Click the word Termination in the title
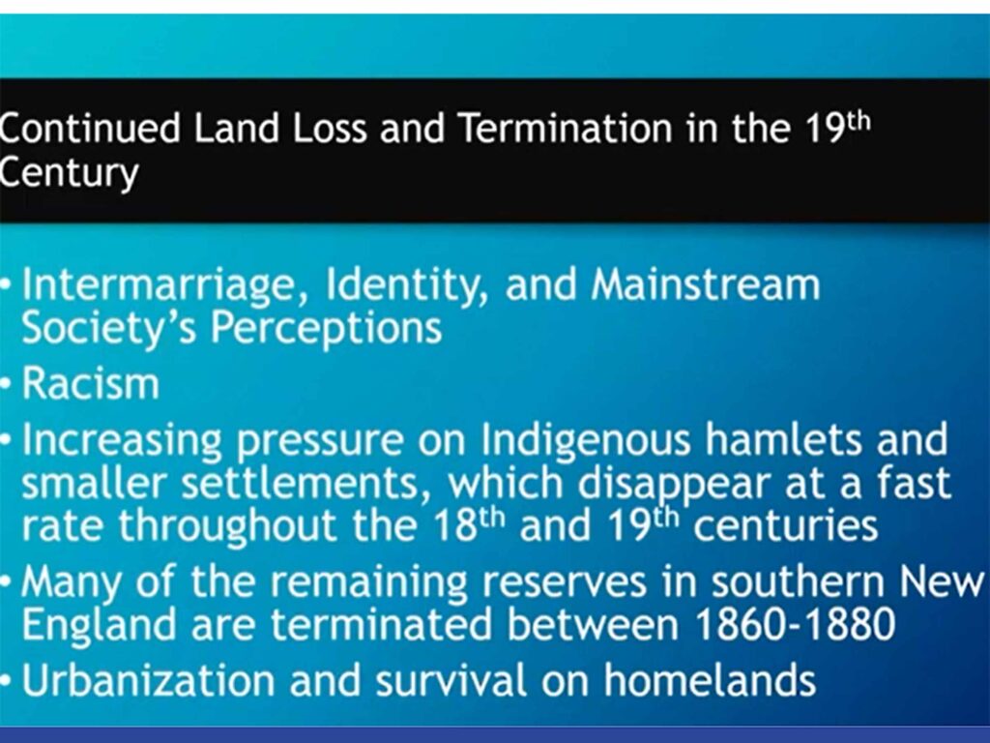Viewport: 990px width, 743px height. point(565,128)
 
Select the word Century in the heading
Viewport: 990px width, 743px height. point(69,173)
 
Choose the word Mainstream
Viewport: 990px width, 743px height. point(705,284)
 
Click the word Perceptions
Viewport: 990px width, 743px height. point(326,329)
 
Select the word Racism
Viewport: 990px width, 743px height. point(90,383)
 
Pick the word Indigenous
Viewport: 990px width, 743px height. point(586,440)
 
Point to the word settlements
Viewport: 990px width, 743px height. point(300,484)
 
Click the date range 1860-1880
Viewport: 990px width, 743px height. point(795,624)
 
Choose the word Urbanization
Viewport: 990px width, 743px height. point(148,680)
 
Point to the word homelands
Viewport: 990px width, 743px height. point(710,680)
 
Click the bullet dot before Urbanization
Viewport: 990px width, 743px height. point(6,681)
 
